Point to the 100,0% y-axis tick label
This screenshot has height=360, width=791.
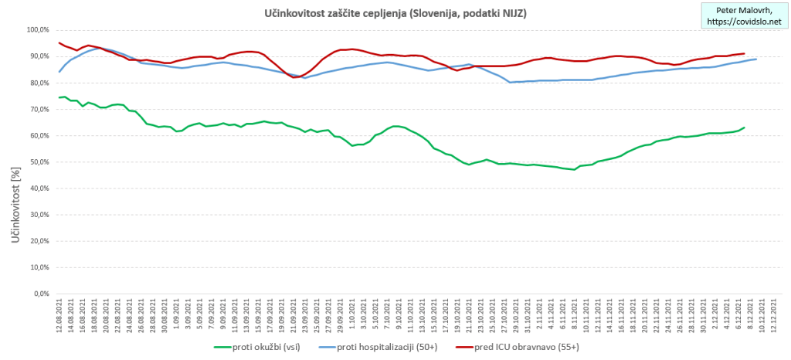36,29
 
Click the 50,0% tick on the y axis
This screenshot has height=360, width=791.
38,161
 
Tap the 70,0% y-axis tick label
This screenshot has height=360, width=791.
38,109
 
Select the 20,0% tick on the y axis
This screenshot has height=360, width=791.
38,241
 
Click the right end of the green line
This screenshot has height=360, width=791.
744,127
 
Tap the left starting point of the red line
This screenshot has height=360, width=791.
59,42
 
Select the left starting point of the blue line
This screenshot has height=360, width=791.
59,72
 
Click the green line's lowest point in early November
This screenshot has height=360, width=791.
573,169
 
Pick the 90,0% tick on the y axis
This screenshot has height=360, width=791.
38,56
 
